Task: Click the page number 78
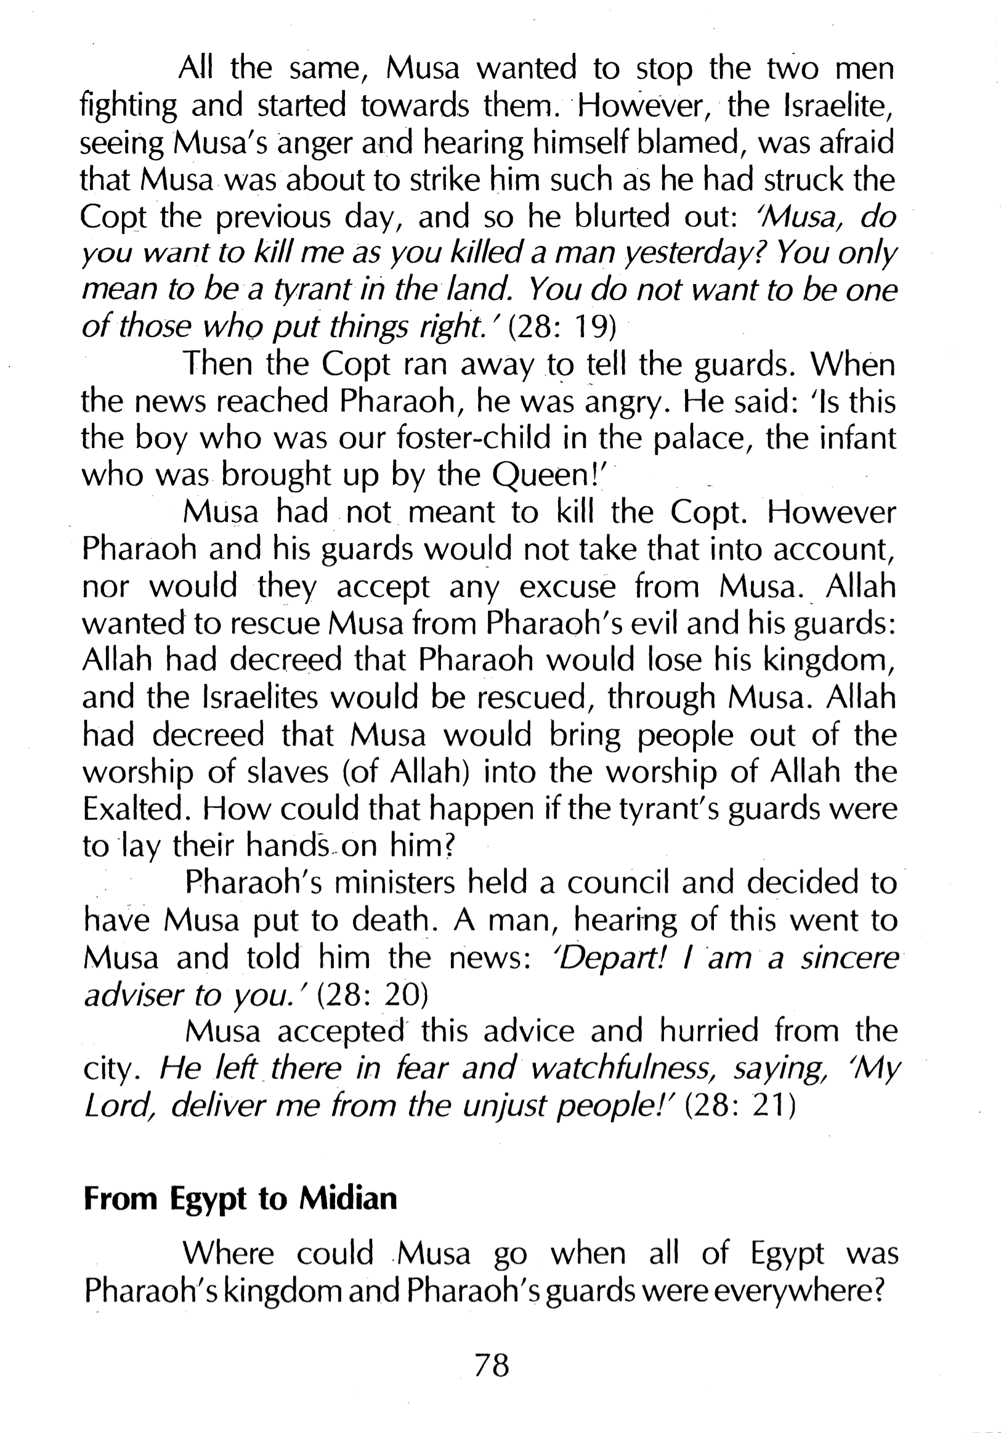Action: point(492,1365)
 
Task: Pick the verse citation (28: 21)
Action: point(740,1106)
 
